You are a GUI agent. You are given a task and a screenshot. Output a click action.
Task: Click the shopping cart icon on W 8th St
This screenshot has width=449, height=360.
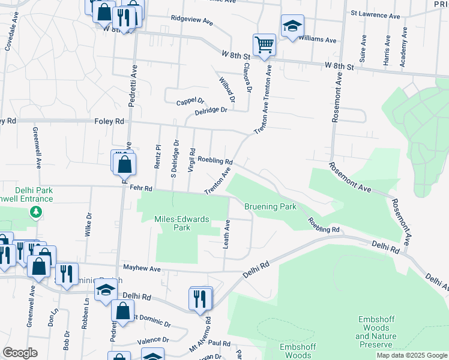(264, 44)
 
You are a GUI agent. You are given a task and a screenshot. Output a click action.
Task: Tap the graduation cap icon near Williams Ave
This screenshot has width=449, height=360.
(292, 26)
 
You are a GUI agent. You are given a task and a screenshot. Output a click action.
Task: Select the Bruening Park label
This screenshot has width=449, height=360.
(270, 206)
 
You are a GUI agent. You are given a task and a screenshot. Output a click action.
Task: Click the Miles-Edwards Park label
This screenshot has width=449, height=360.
(181, 223)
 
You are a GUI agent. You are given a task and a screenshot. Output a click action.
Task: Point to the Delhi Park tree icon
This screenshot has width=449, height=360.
(37, 211)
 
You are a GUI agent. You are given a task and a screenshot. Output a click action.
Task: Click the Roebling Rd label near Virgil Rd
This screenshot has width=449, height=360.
(215, 161)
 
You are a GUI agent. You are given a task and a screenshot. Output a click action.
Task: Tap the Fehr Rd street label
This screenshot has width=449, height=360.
(142, 188)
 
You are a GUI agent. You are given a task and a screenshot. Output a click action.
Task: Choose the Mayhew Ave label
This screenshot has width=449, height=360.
(142, 268)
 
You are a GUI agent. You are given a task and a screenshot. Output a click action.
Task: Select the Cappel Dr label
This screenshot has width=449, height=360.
(190, 102)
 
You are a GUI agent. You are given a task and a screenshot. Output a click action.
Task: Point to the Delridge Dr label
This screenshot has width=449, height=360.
(211, 110)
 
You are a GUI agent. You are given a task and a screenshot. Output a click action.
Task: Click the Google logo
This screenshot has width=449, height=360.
(20, 353)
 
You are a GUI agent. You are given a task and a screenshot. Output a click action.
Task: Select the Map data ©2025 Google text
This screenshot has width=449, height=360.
(411, 355)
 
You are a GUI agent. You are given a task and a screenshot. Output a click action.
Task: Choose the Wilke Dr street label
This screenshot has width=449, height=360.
(88, 224)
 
